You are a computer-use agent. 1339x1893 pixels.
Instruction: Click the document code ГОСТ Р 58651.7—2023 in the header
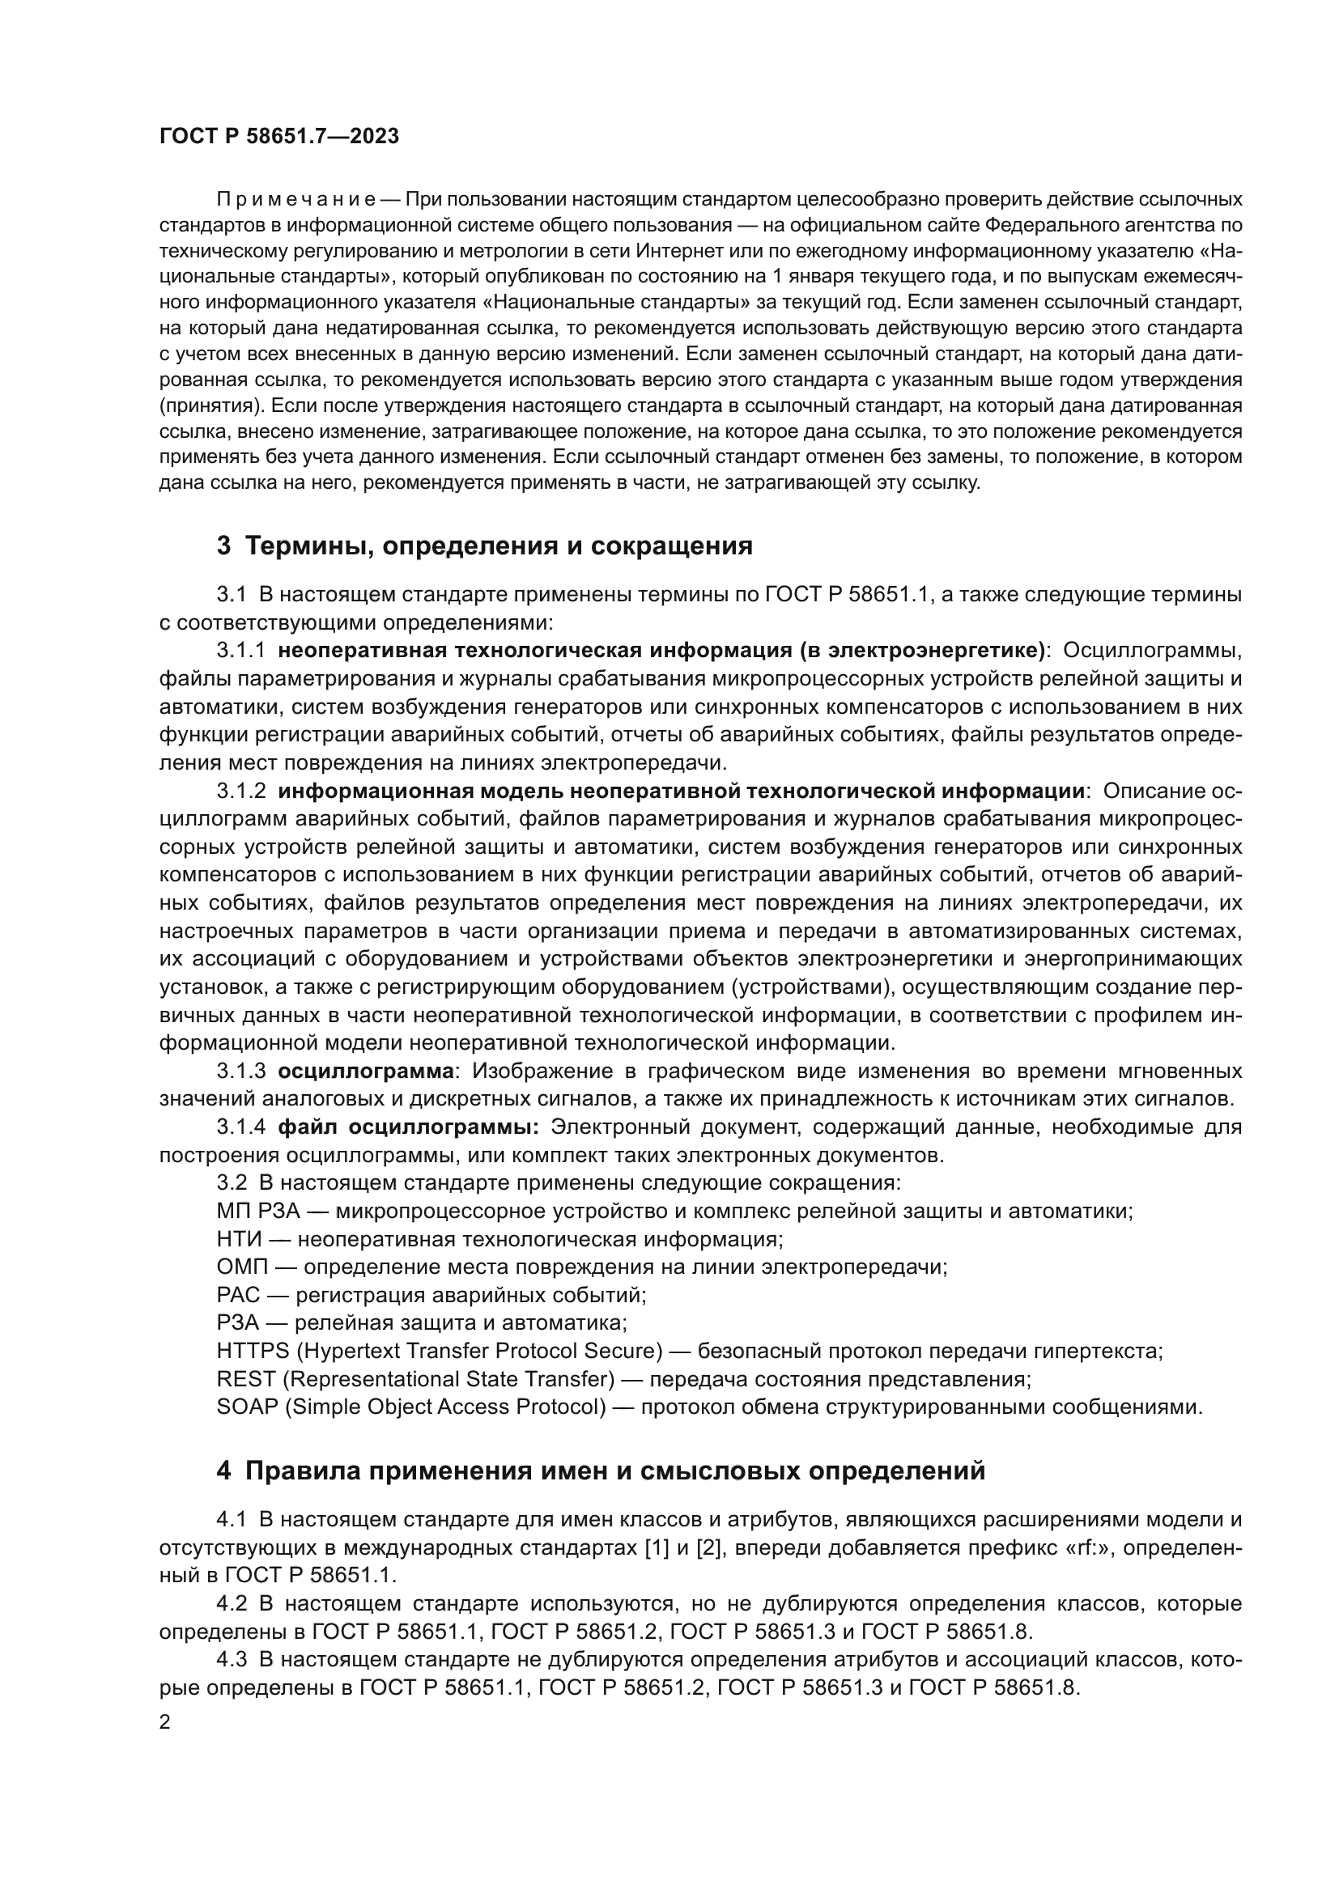tap(278, 136)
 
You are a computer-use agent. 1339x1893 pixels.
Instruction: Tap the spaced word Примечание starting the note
tap(296, 200)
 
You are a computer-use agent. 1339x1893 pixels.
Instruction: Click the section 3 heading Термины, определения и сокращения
tap(484, 545)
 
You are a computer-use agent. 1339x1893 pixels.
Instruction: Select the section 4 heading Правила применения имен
tap(600, 1471)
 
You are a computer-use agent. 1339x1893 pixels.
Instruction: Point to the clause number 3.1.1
tap(240, 651)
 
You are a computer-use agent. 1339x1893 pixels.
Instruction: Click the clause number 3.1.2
tap(240, 792)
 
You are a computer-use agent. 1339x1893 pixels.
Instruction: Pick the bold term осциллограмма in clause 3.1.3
tap(365, 1072)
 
